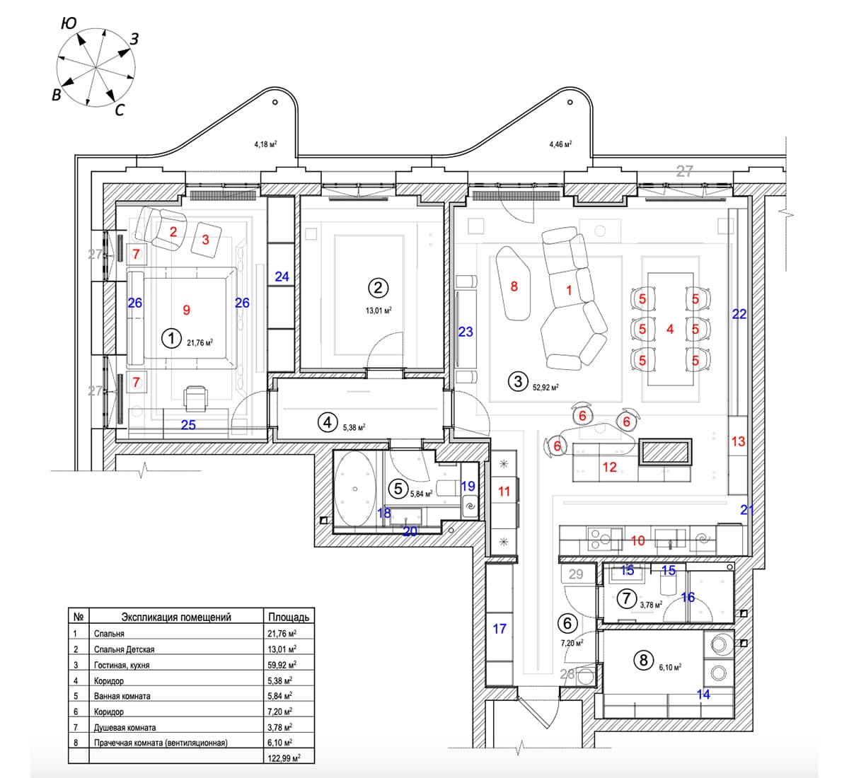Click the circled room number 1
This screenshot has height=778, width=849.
(x=171, y=338)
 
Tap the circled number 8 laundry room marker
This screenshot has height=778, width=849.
(x=643, y=661)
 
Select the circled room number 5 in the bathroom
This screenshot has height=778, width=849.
(x=398, y=488)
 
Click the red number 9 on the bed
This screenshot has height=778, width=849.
(x=186, y=309)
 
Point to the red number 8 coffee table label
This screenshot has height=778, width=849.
(x=514, y=286)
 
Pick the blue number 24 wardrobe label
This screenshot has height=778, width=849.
(x=282, y=277)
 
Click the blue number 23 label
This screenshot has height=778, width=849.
(x=466, y=331)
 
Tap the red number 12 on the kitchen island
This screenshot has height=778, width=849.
(x=609, y=467)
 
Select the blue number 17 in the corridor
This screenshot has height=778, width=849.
(x=499, y=628)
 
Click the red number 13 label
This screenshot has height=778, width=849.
(x=738, y=441)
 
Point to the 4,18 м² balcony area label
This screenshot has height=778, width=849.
(x=265, y=144)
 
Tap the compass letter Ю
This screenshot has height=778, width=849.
(x=69, y=23)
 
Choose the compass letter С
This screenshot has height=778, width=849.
(x=120, y=110)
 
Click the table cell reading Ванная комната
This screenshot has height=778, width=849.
(x=122, y=696)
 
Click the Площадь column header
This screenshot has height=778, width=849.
(x=289, y=617)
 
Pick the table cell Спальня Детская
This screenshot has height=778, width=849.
(x=124, y=649)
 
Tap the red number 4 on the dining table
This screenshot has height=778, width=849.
(x=669, y=329)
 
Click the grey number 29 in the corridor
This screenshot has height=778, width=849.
(x=576, y=574)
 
